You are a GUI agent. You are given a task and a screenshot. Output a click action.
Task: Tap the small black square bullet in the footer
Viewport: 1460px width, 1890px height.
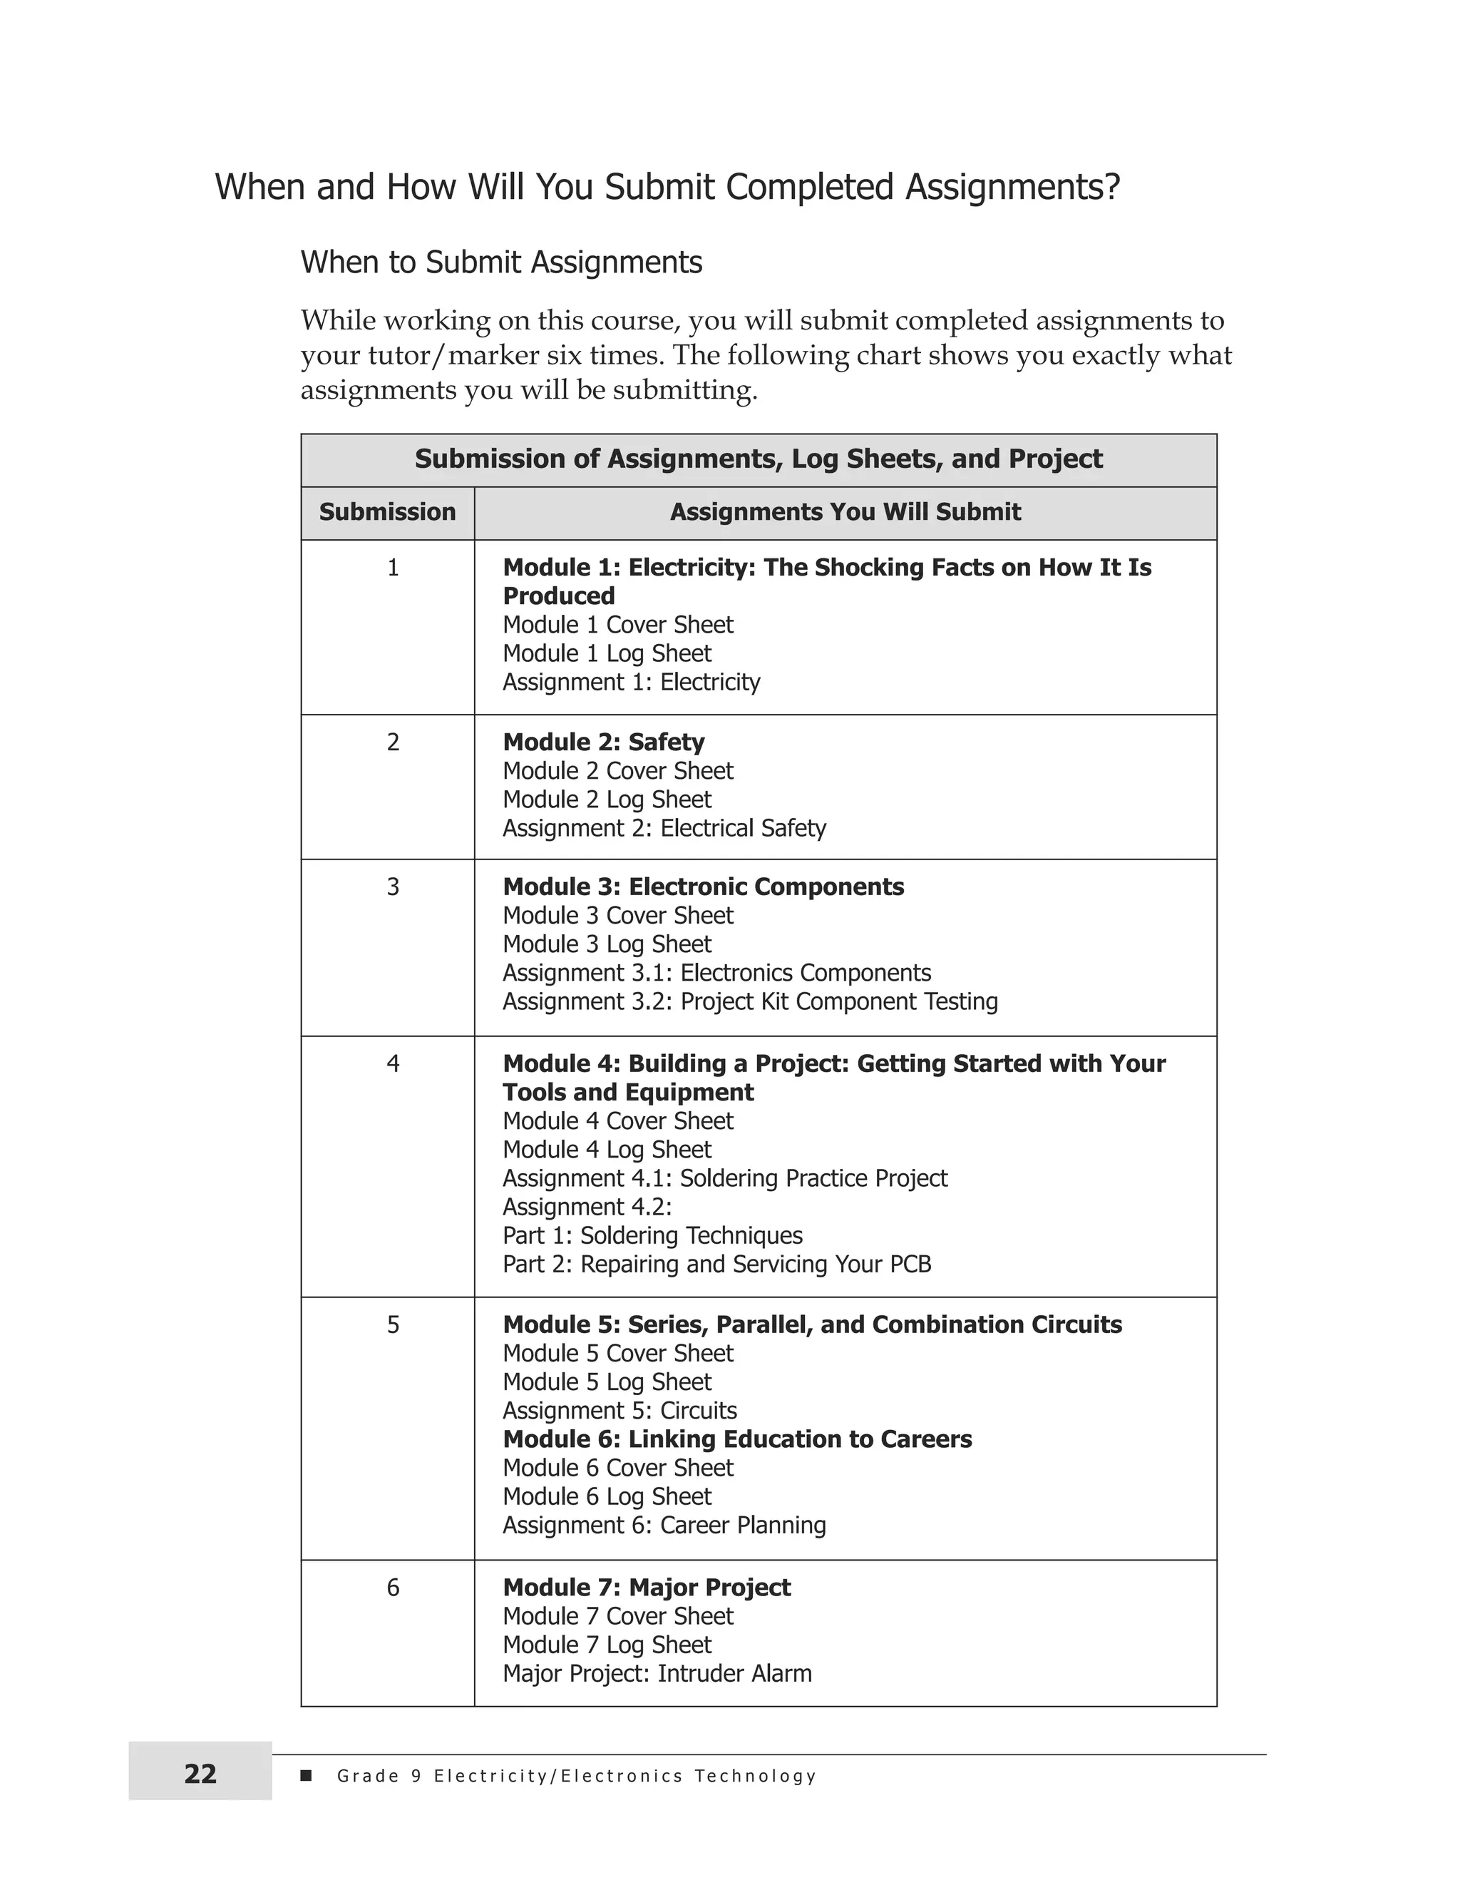tap(305, 1776)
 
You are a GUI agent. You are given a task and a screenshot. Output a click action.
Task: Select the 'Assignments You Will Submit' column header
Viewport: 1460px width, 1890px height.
tap(845, 511)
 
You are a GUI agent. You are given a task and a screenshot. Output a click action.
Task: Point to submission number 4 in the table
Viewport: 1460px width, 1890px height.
tap(393, 1063)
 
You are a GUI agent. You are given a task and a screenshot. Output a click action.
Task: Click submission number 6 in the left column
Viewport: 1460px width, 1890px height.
tap(393, 1587)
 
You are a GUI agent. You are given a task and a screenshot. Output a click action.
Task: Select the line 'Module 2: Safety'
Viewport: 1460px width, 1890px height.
tap(603, 742)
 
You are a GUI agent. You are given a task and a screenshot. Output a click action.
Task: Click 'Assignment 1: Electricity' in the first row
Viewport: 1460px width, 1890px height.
tap(630, 682)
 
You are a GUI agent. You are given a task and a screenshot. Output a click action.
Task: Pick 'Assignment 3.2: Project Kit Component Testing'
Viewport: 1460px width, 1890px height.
tap(750, 1001)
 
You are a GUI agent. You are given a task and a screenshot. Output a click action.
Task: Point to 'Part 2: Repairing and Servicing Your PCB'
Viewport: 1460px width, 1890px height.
tap(716, 1265)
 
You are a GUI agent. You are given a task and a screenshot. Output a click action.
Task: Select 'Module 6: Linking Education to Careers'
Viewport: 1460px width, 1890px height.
tap(737, 1439)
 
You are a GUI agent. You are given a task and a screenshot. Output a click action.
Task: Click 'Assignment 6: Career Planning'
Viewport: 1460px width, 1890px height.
tap(664, 1525)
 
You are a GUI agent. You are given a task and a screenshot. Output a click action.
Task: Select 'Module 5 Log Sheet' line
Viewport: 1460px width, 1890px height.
tap(607, 1382)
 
